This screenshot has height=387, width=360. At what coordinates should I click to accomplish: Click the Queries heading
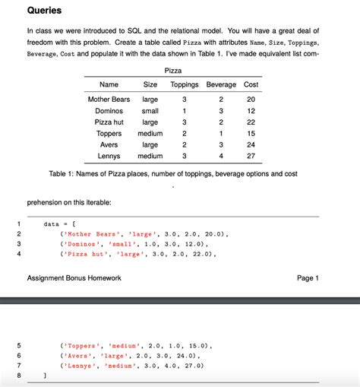click(x=44, y=11)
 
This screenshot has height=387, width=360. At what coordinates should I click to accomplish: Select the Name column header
click(x=109, y=84)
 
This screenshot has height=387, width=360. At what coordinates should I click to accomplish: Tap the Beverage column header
click(x=221, y=84)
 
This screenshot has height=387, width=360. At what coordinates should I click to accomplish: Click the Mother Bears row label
click(x=109, y=100)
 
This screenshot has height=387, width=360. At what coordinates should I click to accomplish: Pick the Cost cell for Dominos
click(x=251, y=111)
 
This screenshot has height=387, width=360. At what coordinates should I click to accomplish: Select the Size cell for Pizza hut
click(x=150, y=122)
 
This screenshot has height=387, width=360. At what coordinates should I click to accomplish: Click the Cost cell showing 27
click(x=251, y=156)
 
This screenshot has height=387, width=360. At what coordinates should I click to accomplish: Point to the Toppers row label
click(x=109, y=133)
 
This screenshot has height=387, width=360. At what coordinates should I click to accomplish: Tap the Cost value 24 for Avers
click(x=251, y=144)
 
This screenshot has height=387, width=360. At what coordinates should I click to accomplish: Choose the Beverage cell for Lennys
click(x=221, y=156)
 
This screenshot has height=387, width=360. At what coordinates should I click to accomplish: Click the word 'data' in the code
click(x=52, y=224)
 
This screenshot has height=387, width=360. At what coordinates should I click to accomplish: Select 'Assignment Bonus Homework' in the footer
click(x=74, y=278)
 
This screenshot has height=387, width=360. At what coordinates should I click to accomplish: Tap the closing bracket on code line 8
click(x=46, y=375)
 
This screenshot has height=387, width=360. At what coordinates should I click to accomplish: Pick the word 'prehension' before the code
click(x=47, y=202)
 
